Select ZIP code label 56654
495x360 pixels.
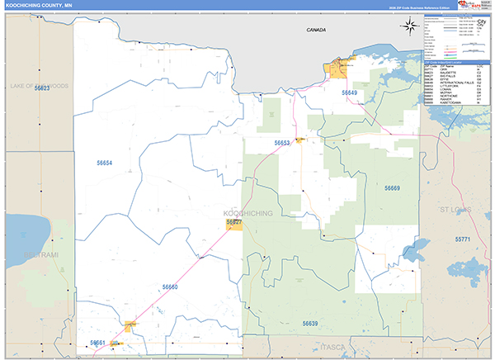(x=104, y=163)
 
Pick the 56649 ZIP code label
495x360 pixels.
(x=350, y=92)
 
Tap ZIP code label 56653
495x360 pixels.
(x=282, y=143)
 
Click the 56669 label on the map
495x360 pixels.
(x=392, y=188)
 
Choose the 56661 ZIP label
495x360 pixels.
(x=98, y=342)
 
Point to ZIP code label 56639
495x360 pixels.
(x=310, y=323)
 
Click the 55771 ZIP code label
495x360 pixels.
(x=461, y=239)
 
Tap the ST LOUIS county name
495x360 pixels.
(x=455, y=210)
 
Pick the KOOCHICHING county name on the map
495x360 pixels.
(x=248, y=213)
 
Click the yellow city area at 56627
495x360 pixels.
(x=234, y=225)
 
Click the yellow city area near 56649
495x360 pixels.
(x=340, y=69)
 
